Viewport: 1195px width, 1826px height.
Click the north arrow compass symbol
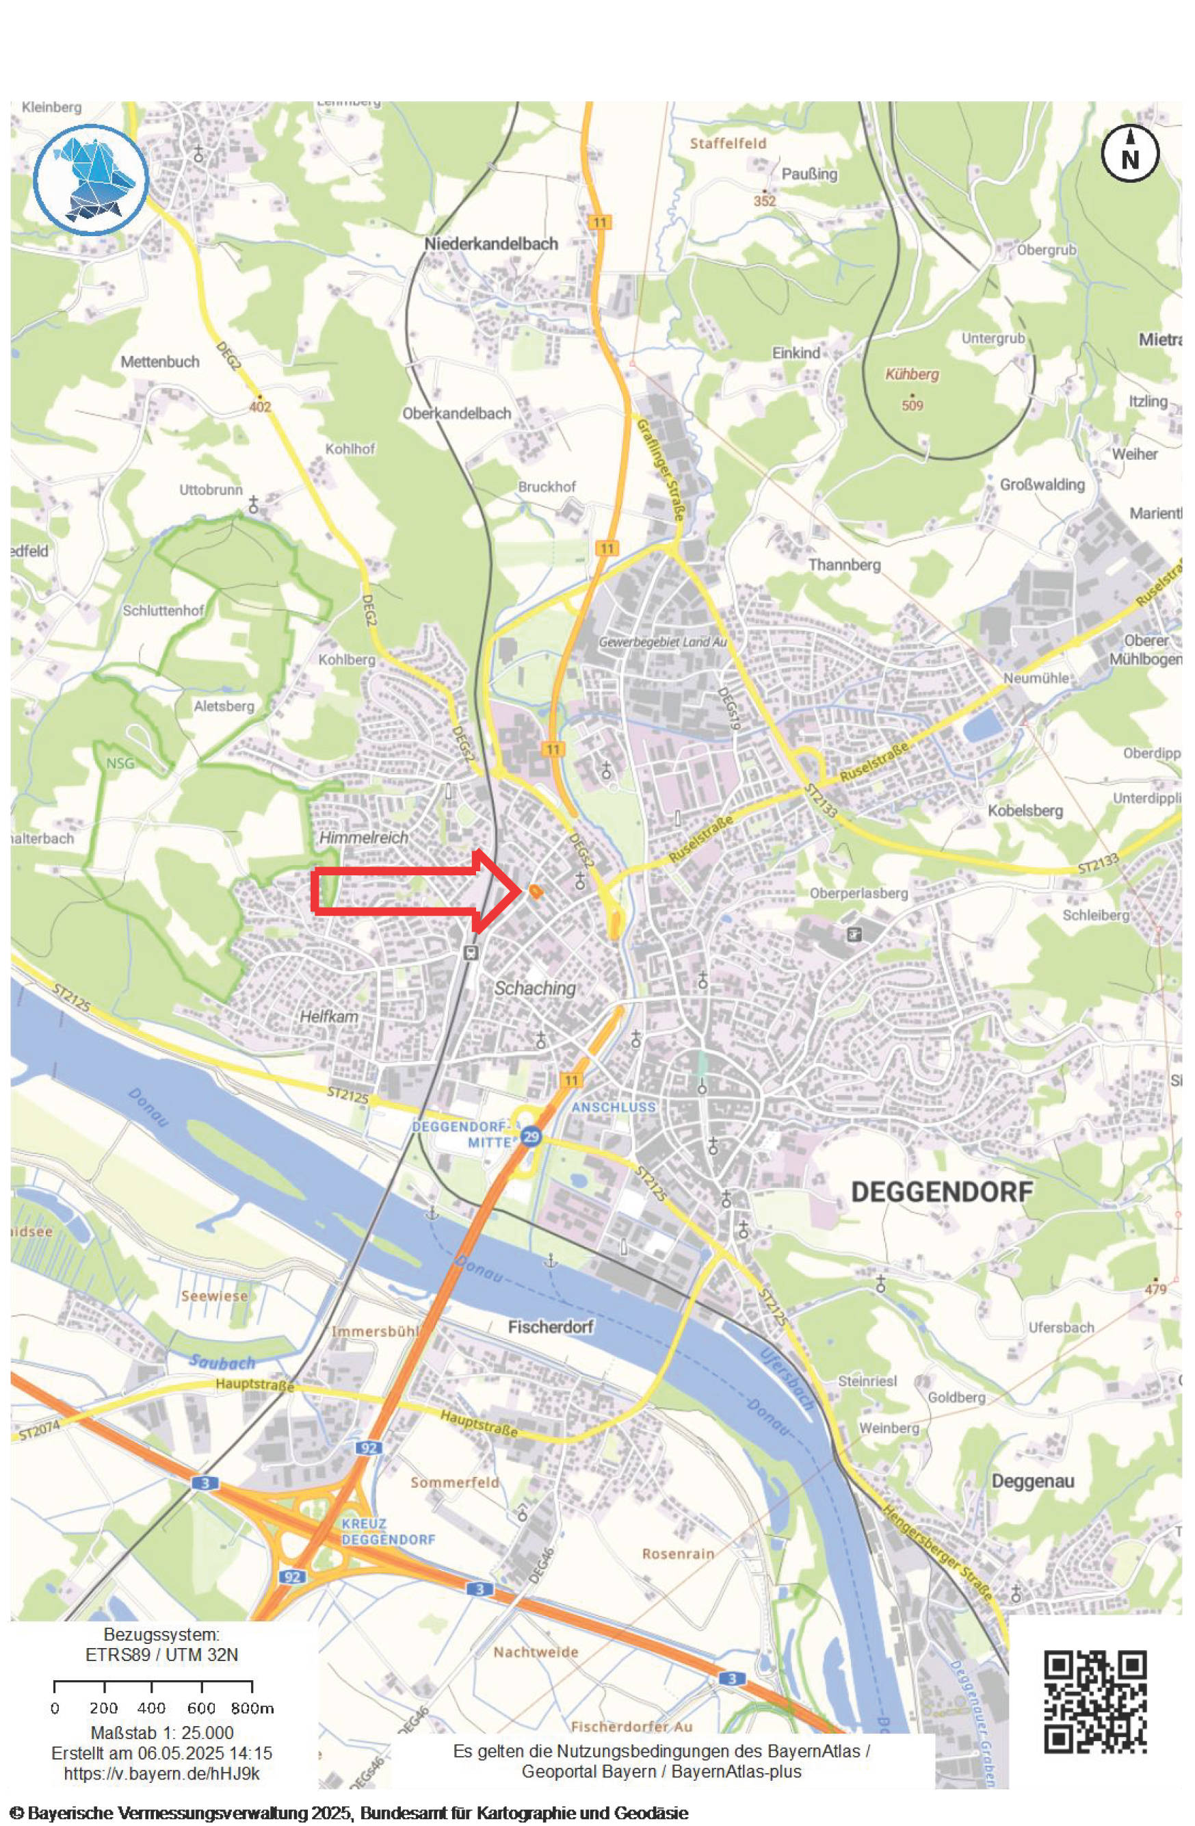click(1130, 154)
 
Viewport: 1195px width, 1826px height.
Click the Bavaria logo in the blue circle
click(90, 179)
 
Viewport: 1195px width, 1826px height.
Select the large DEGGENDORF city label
click(942, 1192)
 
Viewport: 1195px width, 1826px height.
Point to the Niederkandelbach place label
click(492, 244)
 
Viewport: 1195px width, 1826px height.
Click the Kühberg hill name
click(912, 375)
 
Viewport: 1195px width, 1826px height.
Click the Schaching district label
click(535, 988)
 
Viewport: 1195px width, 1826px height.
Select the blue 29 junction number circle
click(531, 1136)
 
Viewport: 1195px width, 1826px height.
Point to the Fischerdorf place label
click(551, 1326)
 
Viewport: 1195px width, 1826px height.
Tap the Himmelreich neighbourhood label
click(364, 838)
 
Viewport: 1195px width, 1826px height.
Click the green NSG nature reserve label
click(120, 763)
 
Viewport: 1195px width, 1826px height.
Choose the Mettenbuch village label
click(160, 361)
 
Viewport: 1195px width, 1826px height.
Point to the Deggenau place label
click(1032, 1482)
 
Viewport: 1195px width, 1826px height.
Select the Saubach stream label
click(222, 1363)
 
